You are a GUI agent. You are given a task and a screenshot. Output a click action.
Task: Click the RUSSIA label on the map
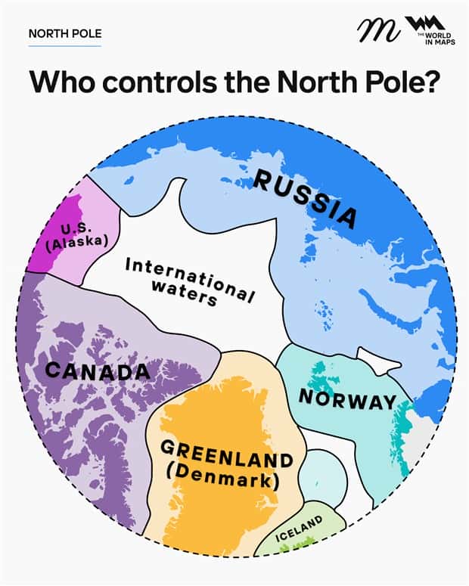click(305, 198)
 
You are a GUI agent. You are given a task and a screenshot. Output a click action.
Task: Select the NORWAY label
click(347, 398)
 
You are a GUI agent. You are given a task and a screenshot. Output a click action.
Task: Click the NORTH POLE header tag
click(64, 34)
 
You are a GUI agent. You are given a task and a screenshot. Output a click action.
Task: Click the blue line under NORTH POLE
click(64, 46)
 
